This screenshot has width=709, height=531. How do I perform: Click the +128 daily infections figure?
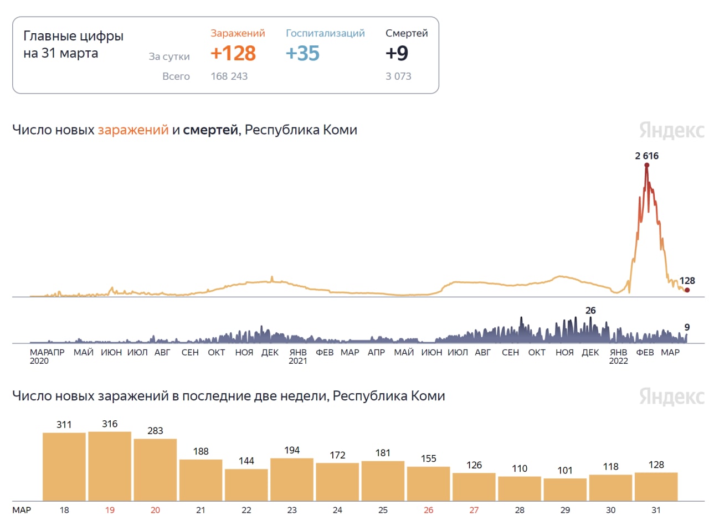(x=233, y=53)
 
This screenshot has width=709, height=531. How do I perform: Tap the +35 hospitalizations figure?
(x=302, y=53)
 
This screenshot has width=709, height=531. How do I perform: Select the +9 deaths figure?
(x=397, y=53)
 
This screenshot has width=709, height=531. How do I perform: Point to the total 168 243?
(x=229, y=76)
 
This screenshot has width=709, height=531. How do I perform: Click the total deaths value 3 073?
(x=398, y=76)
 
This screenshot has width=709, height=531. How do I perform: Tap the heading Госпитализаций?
(x=325, y=33)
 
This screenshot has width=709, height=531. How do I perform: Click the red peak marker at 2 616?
(x=646, y=165)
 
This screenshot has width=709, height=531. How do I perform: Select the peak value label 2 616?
(x=646, y=156)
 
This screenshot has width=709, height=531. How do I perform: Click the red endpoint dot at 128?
(x=687, y=290)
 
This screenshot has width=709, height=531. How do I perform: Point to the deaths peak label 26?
(x=590, y=311)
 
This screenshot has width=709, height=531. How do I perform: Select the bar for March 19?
(x=110, y=466)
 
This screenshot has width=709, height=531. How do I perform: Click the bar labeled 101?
(x=565, y=489)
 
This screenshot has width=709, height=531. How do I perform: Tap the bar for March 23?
(x=292, y=480)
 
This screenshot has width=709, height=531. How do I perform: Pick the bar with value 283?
(x=155, y=470)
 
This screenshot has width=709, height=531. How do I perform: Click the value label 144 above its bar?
(x=246, y=461)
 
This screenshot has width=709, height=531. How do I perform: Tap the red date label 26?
(x=428, y=510)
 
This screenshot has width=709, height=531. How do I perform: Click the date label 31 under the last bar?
(x=656, y=510)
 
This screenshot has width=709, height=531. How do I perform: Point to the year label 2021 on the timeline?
(x=297, y=361)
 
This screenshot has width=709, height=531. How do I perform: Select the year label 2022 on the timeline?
(x=618, y=361)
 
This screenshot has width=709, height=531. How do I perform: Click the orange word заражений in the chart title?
(x=133, y=130)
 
